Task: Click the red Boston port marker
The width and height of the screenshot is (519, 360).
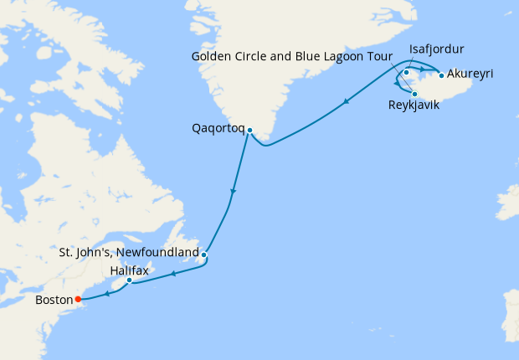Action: pyautogui.click(x=78, y=298)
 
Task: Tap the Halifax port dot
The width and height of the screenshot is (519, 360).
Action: pyautogui.click(x=129, y=280)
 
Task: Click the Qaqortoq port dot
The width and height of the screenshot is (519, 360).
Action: pyautogui.click(x=249, y=130)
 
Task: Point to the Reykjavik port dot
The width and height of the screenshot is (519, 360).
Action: pyautogui.click(x=414, y=94)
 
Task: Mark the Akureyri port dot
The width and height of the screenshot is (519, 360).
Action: pyautogui.click(x=440, y=75)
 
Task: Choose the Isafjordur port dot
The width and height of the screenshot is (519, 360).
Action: pyautogui.click(x=406, y=73)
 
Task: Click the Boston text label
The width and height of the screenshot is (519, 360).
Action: pyautogui.click(x=54, y=299)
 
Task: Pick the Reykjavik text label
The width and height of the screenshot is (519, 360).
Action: pyautogui.click(x=413, y=105)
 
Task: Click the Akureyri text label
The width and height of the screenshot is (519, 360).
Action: pyautogui.click(x=470, y=75)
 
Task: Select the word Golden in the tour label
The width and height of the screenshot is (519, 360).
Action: pyautogui.click(x=213, y=58)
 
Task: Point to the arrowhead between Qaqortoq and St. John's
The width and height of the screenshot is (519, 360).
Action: pyautogui.click(x=233, y=193)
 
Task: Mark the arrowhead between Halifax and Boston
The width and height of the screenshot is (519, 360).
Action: pyautogui.click(x=108, y=293)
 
